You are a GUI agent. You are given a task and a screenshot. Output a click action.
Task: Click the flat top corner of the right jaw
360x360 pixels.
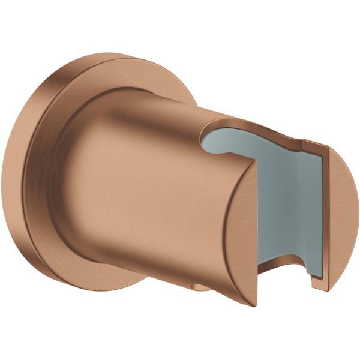312,144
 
